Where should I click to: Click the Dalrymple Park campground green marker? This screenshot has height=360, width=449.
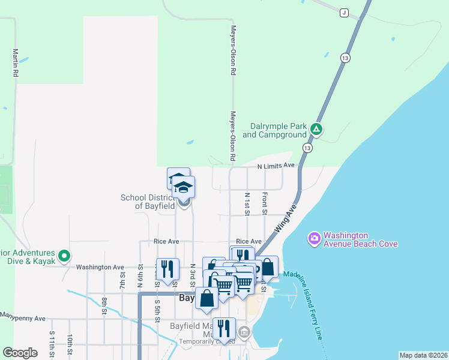click(316, 129)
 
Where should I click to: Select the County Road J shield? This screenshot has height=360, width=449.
click(343, 13)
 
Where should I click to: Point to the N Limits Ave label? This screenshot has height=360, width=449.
click(276, 166)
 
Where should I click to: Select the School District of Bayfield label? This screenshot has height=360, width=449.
click(148, 202)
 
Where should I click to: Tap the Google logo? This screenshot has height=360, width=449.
click(20, 353)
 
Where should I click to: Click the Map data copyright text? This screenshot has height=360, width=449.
click(423, 355)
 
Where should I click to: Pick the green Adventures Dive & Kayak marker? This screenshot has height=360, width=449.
click(64, 256)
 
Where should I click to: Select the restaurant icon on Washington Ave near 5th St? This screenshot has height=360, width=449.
click(167, 268)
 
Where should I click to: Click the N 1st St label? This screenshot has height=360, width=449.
click(247, 203)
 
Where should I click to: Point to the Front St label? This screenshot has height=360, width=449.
click(264, 202)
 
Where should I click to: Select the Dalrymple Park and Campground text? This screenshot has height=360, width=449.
click(274, 131)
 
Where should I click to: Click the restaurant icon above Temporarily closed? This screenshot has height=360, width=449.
click(223, 328)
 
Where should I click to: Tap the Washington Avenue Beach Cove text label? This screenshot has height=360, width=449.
click(360, 239)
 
